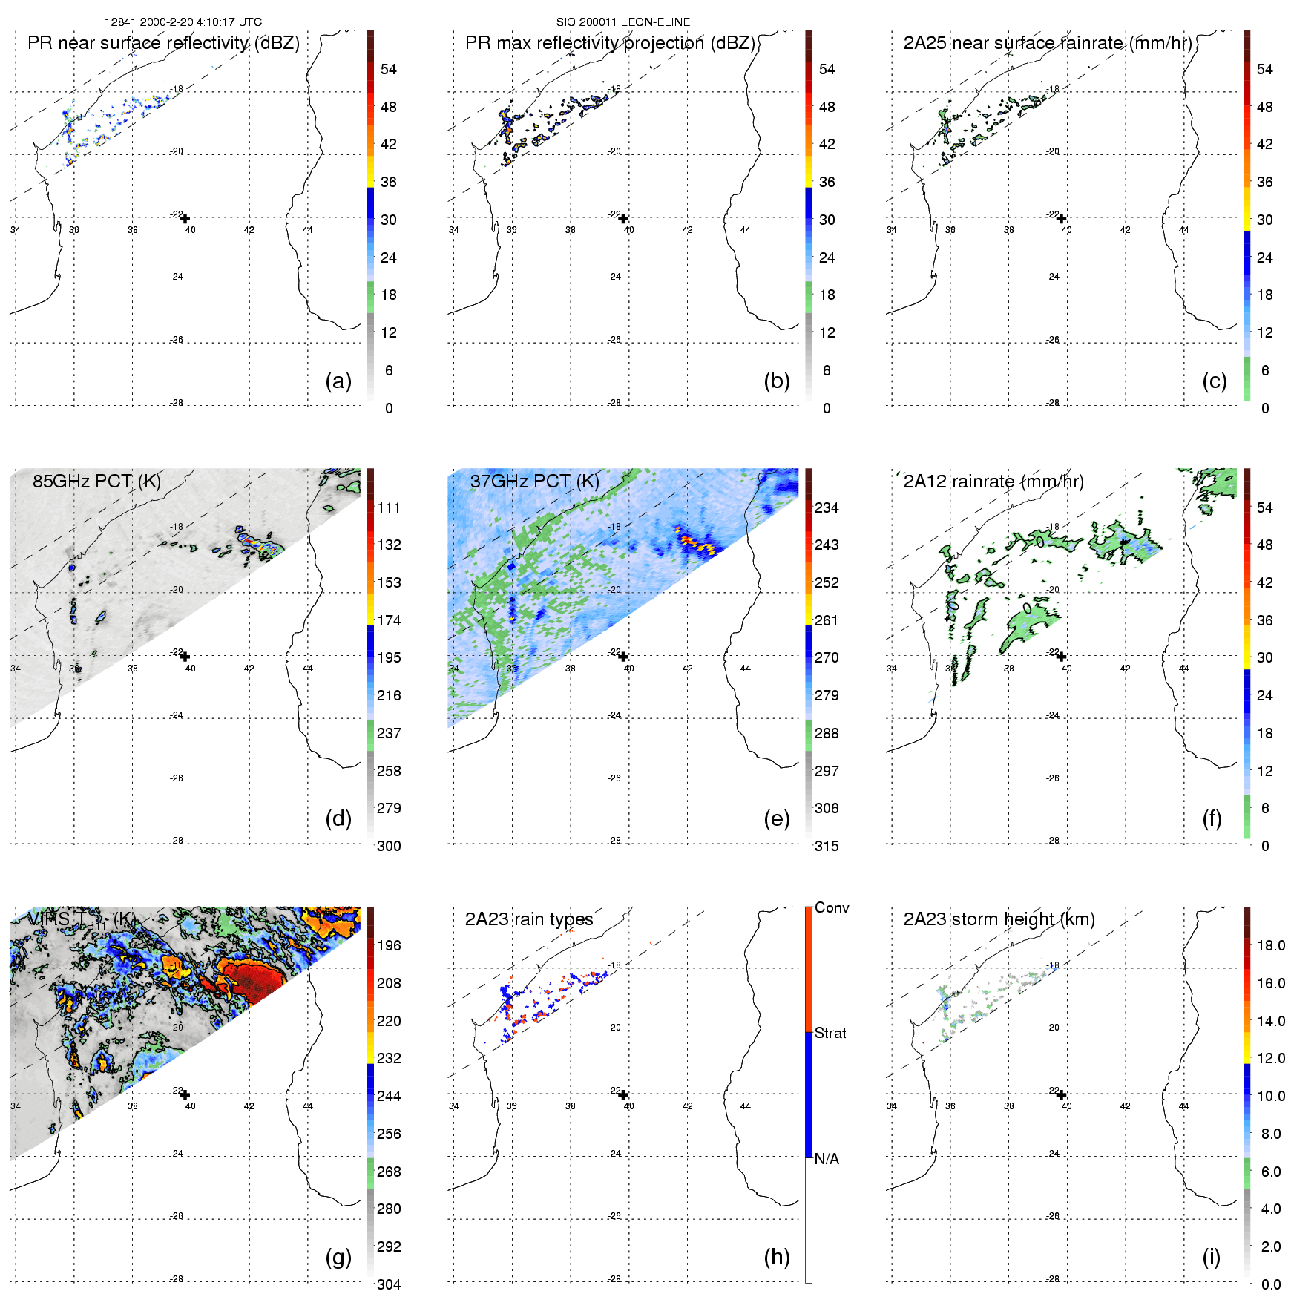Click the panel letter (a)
coord(338,381)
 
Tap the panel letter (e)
coord(776,819)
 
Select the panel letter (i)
coord(1211,1257)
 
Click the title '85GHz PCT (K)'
coord(96,481)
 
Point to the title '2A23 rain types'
coord(529,919)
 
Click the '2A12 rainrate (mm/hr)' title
coord(993,481)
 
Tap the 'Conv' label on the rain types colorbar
coord(832,907)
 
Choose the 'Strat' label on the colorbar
coord(830,1033)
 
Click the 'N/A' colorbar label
coord(827,1159)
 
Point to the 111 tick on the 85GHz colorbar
coord(389,507)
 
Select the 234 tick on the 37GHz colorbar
coord(827,507)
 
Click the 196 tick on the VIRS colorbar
coord(389,945)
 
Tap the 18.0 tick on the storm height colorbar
coord(1271,945)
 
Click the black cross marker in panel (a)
coord(185,218)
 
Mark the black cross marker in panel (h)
coord(623,1094)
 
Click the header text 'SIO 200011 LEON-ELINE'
coord(623,22)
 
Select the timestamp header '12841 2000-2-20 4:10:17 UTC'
coord(183,22)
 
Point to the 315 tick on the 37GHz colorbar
coord(827,846)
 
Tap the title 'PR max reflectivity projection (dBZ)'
coord(610,43)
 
